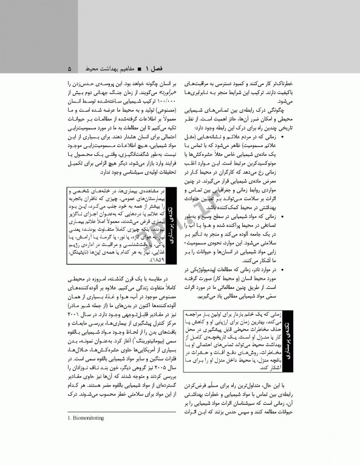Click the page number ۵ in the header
[x=70, y=67]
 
